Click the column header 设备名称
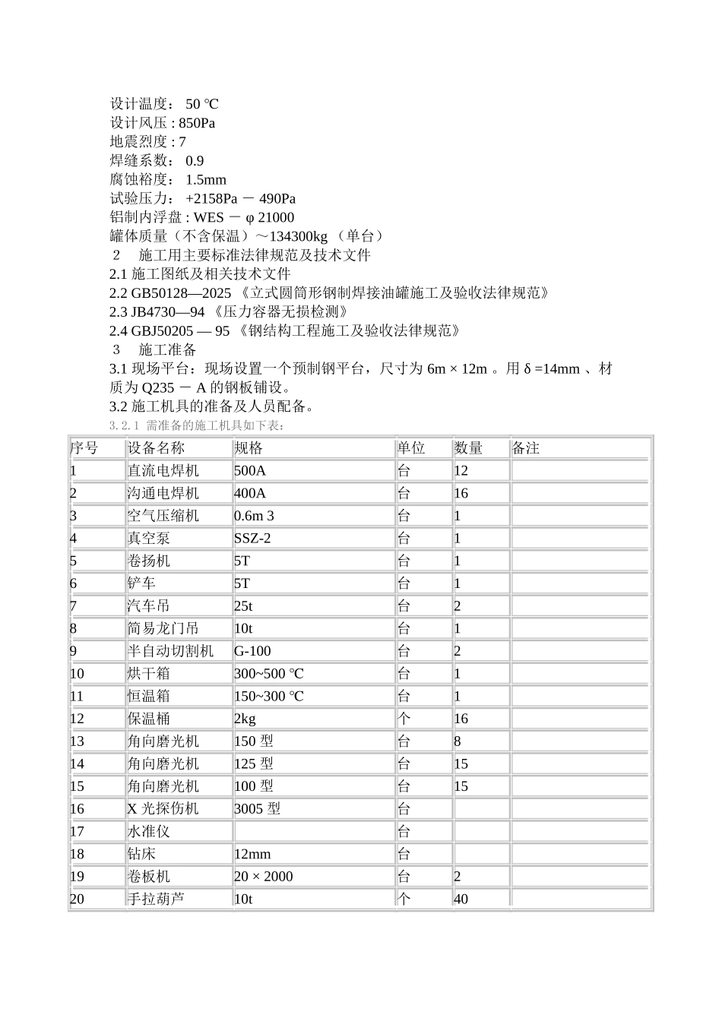click(x=156, y=448)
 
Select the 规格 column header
click(x=249, y=448)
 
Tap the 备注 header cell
click(x=526, y=448)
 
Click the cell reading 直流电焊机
click(x=163, y=471)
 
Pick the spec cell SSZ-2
click(x=253, y=539)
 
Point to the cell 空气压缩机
click(x=163, y=516)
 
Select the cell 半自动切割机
click(x=171, y=651)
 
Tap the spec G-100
click(x=253, y=651)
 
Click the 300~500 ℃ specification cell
click(x=269, y=674)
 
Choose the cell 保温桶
click(x=149, y=719)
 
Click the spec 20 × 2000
click(x=264, y=877)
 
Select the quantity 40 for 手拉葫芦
click(x=461, y=899)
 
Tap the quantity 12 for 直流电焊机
click(x=461, y=471)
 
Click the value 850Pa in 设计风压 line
click(x=197, y=123)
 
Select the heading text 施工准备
click(x=168, y=349)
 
